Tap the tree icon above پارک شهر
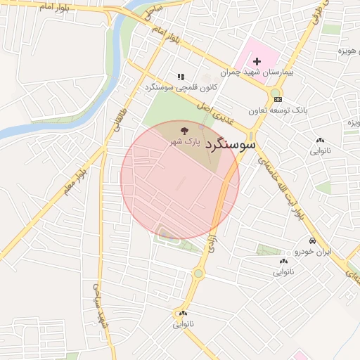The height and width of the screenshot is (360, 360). click(184, 130)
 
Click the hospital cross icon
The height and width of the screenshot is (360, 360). click(257, 62)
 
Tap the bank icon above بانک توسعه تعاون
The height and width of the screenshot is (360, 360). click(279, 100)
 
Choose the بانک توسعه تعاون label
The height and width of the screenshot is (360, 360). click(278, 110)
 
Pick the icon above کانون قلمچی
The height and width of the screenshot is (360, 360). click(181, 77)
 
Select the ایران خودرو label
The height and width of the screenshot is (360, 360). click(311, 251)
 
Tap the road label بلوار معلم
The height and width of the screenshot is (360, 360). click(75, 179)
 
